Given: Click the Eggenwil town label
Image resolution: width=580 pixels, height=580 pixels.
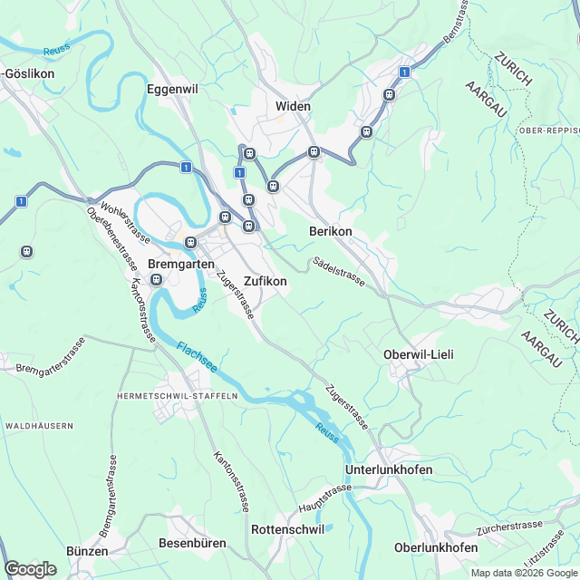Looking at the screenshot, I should tap(174, 89).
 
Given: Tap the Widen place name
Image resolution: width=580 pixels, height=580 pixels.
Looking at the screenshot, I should tap(293, 106).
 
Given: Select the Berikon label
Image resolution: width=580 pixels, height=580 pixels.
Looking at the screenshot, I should tap(330, 232).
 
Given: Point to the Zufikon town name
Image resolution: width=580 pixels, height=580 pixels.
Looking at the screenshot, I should tap(266, 282).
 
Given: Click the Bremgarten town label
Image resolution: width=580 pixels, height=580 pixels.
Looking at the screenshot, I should tap(181, 264).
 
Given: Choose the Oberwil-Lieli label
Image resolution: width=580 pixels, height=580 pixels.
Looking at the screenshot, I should tap(419, 353).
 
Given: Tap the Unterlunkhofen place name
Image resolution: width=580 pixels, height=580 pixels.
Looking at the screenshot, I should tap(388, 470).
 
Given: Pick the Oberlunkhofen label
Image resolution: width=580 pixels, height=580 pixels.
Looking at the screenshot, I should tap(436, 547).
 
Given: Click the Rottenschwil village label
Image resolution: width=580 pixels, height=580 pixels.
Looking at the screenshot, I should tap(286, 529).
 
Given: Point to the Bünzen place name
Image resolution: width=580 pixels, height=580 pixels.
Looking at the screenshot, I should tap(87, 551).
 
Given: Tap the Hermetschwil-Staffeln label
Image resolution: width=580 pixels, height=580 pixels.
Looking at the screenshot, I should tap(177, 396).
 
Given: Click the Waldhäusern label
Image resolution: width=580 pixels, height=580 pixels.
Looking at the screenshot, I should tap(38, 425).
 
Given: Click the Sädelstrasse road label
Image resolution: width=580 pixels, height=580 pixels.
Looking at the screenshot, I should tap(339, 272).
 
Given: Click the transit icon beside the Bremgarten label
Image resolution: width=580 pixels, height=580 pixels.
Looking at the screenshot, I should tap(156, 279).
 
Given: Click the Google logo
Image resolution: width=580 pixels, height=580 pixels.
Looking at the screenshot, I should tap(30, 568).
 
